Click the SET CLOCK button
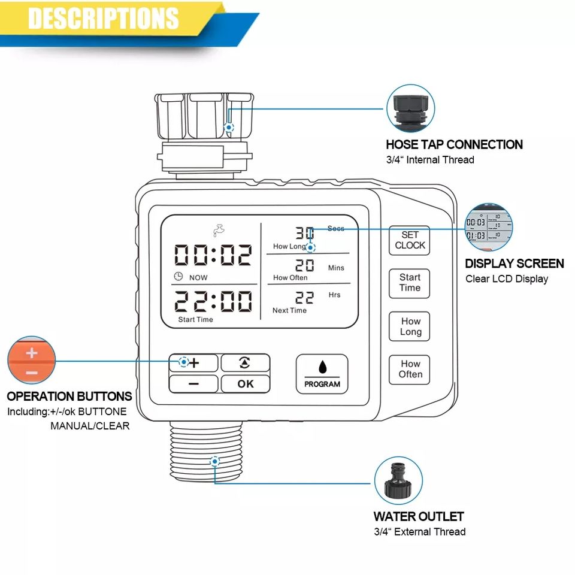coord(410,240)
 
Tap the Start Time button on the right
coord(410,283)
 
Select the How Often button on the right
coord(410,369)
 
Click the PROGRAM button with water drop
coord(322,374)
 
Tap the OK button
coord(246,384)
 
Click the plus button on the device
coord(193,362)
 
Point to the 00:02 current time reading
coord(213,255)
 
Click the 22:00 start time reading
coord(213,301)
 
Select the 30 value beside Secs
coord(305,234)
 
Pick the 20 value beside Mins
coord(305,265)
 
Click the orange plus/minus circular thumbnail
coord(31,361)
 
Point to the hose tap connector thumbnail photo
coord(411,108)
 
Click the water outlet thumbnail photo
coord(398,481)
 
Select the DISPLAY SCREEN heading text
coord(514,264)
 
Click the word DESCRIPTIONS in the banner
coord(103,18)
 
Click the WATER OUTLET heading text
coord(418,516)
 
